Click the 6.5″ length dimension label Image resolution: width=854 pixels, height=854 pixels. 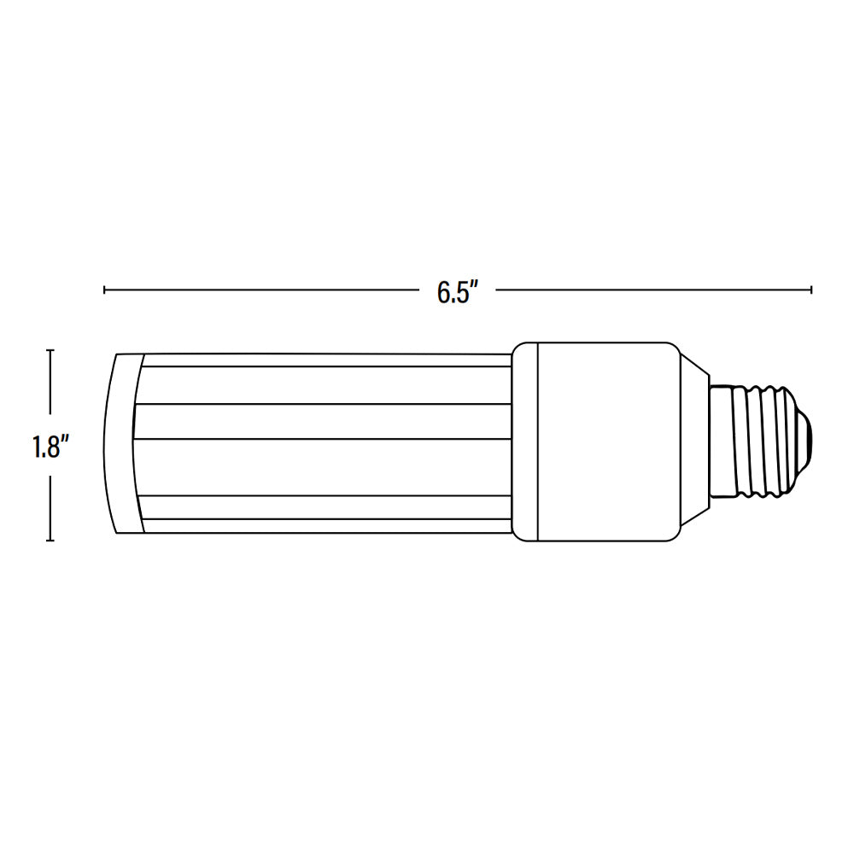pos(453,291)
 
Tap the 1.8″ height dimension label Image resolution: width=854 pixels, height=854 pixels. pos(51,447)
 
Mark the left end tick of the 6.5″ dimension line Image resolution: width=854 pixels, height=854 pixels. pos(104,290)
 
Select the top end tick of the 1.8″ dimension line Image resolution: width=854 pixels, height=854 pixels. pos(51,350)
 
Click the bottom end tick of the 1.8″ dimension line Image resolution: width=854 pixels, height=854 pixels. pos(51,541)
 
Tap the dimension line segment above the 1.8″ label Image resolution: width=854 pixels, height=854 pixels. pos(51,389)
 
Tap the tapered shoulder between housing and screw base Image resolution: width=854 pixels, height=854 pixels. pos(693,442)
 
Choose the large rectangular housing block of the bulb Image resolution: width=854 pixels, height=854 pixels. pos(606,442)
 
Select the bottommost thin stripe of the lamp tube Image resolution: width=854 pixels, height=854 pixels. pos(325,527)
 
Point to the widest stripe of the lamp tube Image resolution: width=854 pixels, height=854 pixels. pos(325,465)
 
